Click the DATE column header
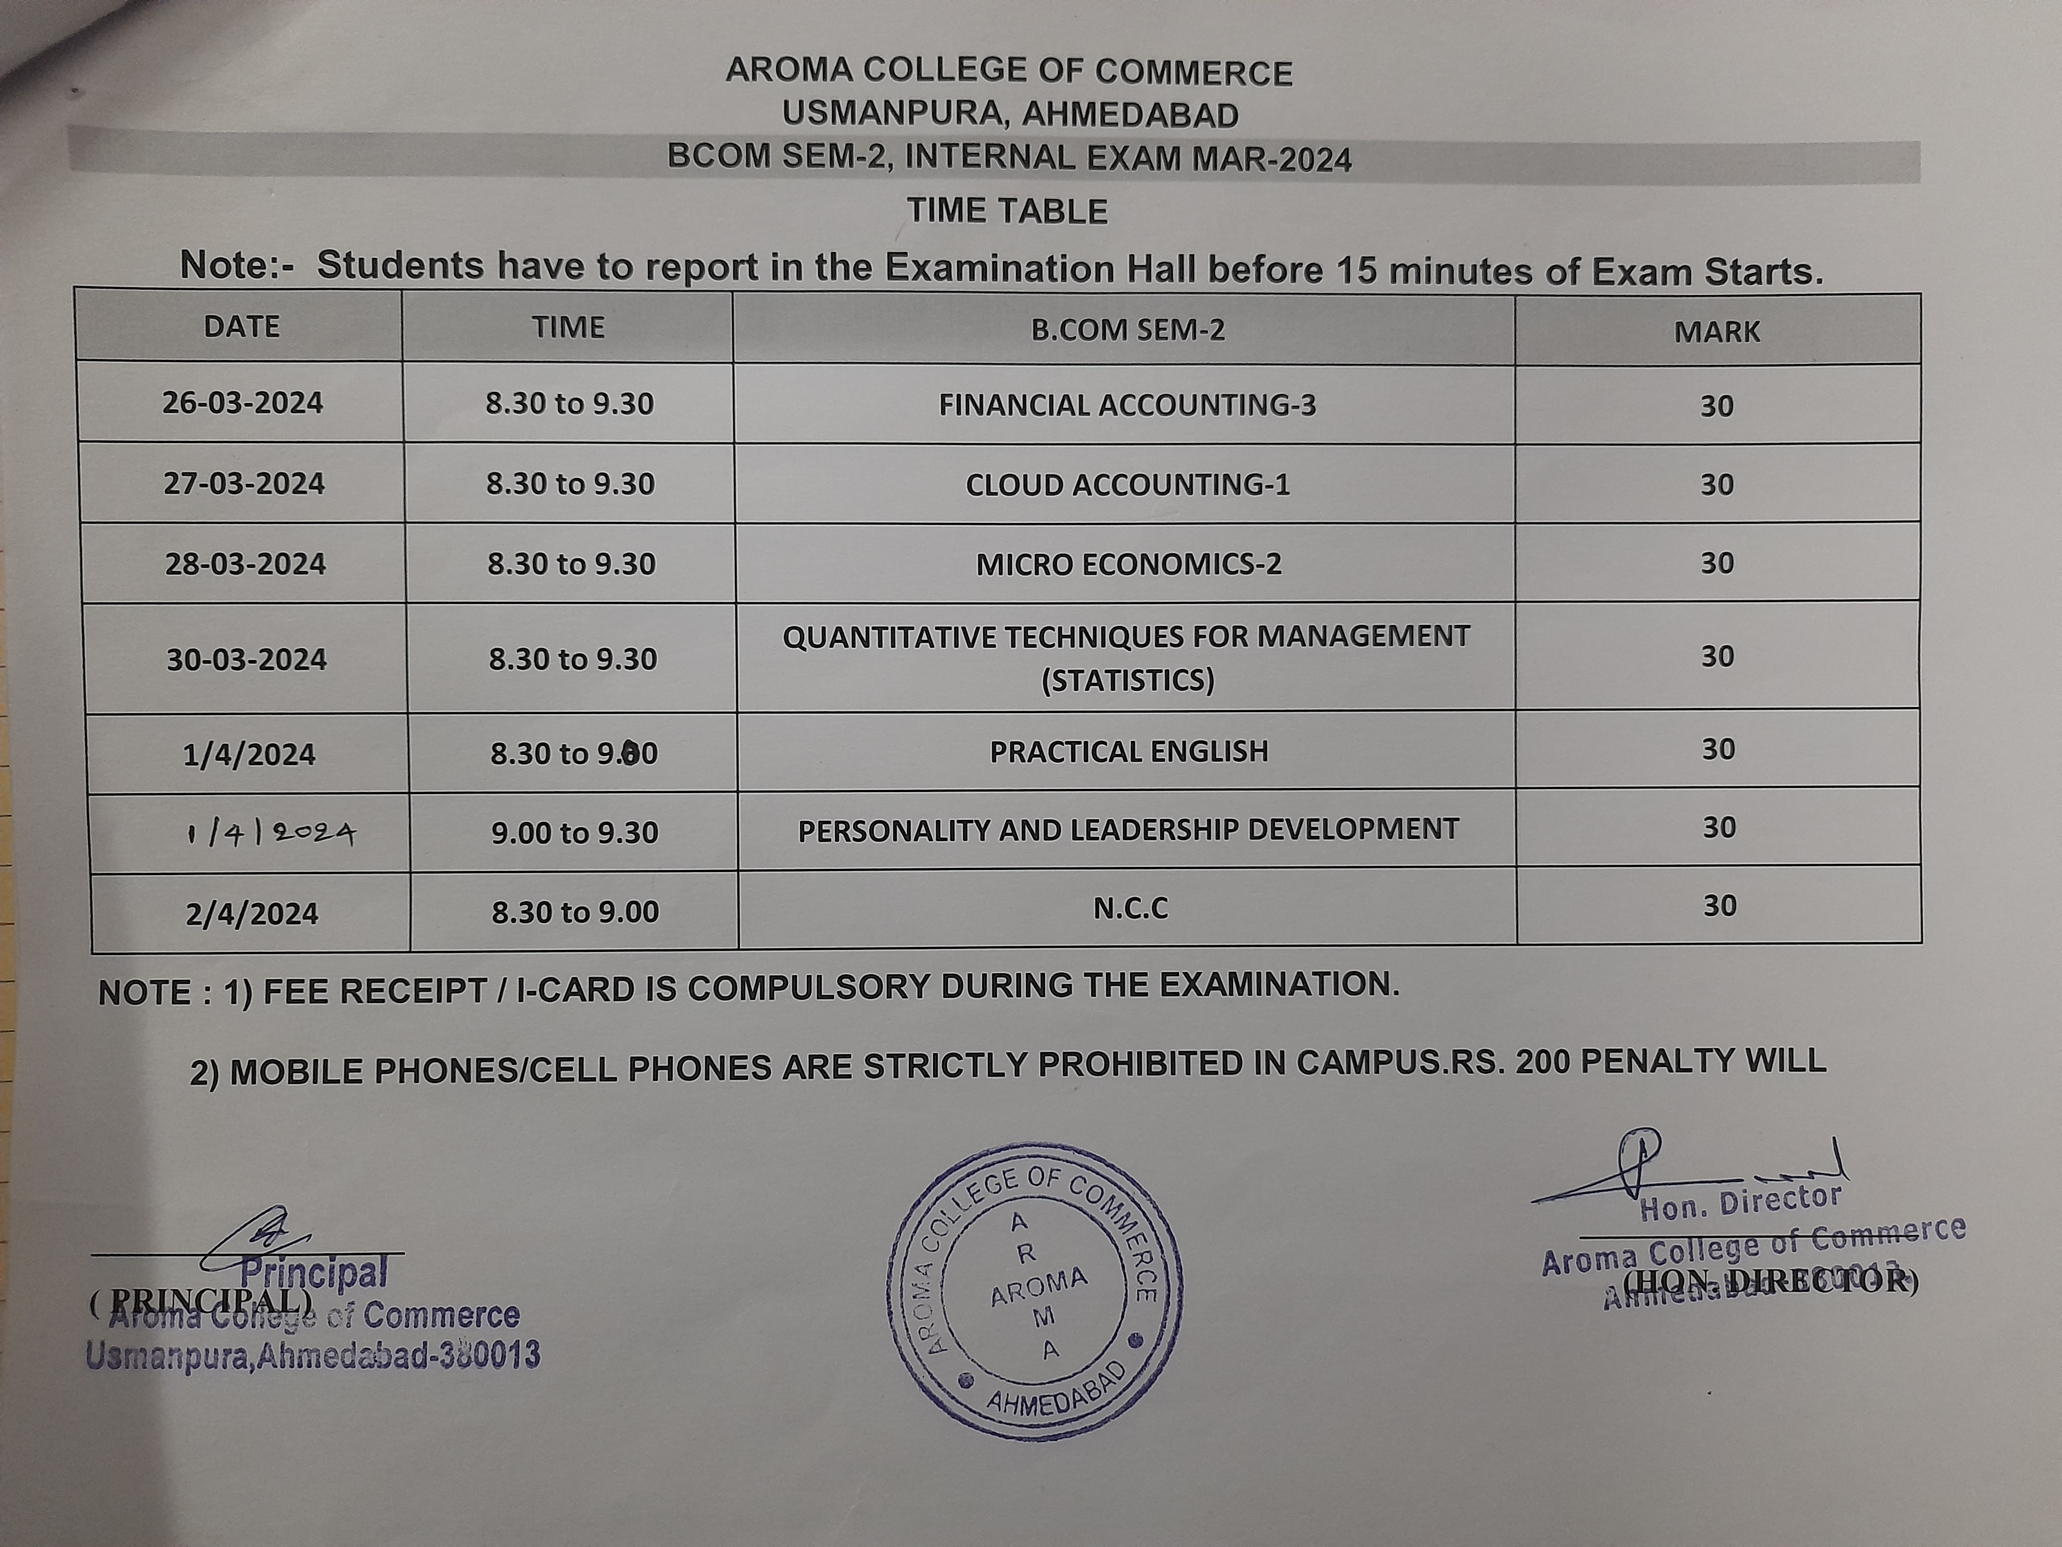click(241, 326)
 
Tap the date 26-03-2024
click(242, 403)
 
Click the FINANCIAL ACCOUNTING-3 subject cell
click(1127, 405)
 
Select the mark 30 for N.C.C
click(1719, 906)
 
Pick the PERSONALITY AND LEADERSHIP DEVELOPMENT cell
click(1128, 830)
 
